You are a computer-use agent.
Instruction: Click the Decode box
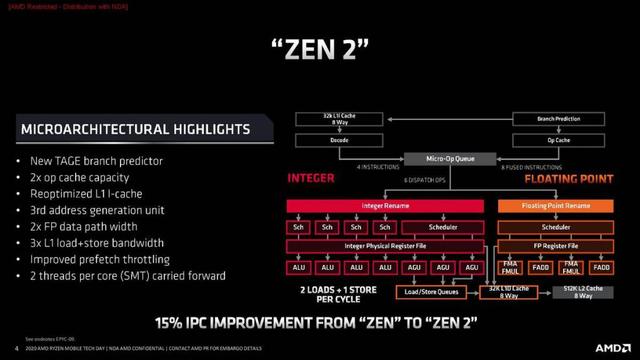tap(332, 140)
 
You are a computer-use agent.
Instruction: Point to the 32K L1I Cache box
tap(332, 119)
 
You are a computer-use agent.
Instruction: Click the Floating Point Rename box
tap(554, 205)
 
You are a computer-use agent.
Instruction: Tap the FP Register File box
tap(554, 246)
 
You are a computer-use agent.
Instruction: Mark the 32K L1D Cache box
tap(505, 292)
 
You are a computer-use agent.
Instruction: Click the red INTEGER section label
tap(310, 181)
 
